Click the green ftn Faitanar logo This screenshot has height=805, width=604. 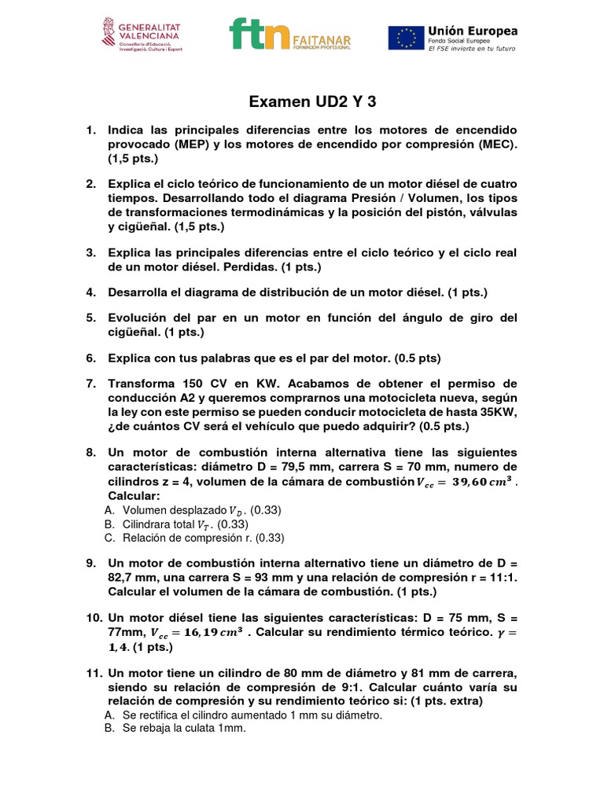click(289, 35)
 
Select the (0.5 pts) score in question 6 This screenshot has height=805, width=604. click(418, 358)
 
